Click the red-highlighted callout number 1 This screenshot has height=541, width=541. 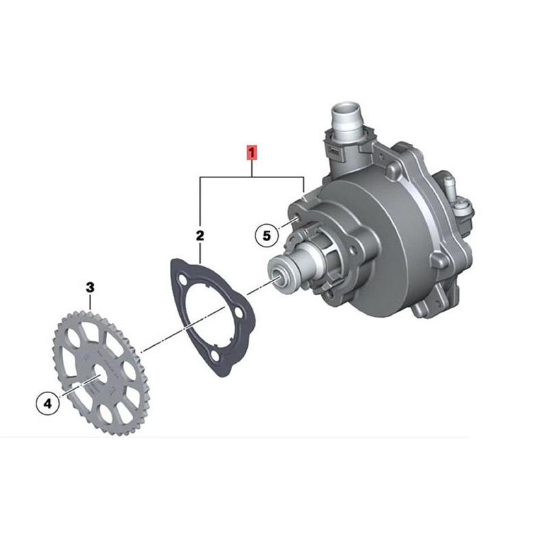click(x=251, y=153)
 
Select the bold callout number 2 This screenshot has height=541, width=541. click(x=200, y=236)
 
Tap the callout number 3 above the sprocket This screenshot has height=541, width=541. click(x=90, y=288)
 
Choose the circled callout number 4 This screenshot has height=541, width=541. click(x=48, y=403)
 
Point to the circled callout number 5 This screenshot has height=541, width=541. click(x=266, y=236)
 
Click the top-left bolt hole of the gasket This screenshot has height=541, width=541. click(x=181, y=278)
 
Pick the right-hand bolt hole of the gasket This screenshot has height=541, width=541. click(x=239, y=312)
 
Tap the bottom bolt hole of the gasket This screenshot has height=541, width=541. click(x=215, y=355)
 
